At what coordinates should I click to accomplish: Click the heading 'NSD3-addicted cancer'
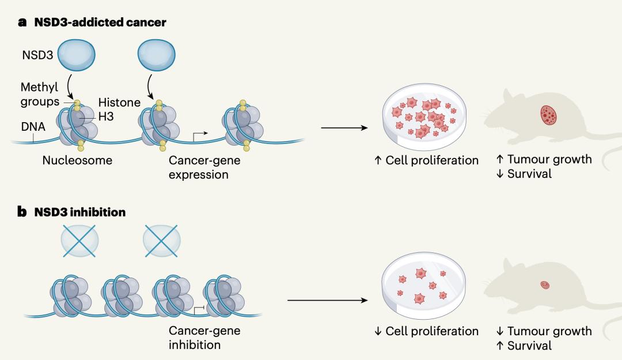tap(98, 23)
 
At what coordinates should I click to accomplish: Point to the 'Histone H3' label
tap(119, 108)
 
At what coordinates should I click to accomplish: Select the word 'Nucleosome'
tap(77, 160)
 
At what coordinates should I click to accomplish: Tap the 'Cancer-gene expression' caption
tap(204, 167)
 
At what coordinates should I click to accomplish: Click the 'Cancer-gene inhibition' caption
tap(204, 338)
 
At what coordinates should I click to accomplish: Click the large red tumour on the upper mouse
tap(549, 115)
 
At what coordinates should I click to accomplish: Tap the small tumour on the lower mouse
tap(545, 285)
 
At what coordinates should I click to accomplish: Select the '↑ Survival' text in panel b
tap(524, 346)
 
